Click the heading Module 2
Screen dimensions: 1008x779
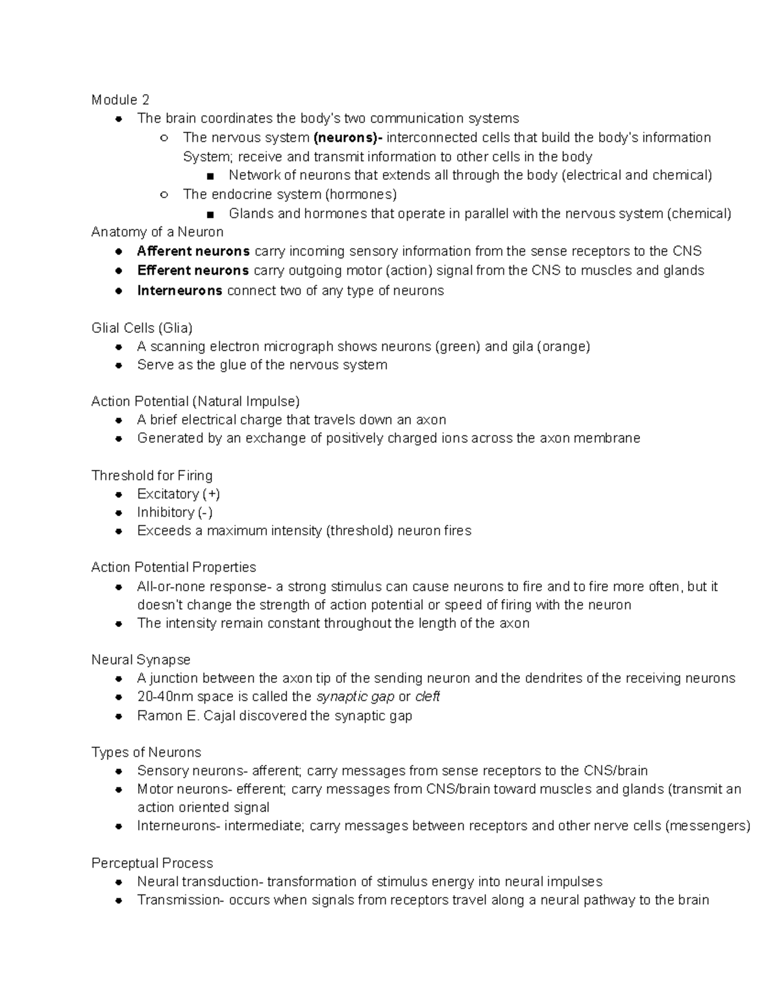[120, 100]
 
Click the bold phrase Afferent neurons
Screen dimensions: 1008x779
[193, 251]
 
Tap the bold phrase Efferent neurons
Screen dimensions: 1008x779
[193, 270]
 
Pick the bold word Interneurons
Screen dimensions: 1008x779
[180, 291]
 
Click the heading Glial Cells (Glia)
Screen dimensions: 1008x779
[142, 328]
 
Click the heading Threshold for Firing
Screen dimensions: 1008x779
[152, 475]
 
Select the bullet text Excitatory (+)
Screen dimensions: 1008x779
[179, 494]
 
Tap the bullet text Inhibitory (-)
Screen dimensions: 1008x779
[175, 512]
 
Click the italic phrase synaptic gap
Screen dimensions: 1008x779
[355, 697]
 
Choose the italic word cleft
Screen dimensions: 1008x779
[428, 697]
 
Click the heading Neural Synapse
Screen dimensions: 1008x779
[141, 660]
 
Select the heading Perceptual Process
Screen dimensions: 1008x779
[152, 863]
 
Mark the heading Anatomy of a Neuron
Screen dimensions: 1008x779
[157, 232]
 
